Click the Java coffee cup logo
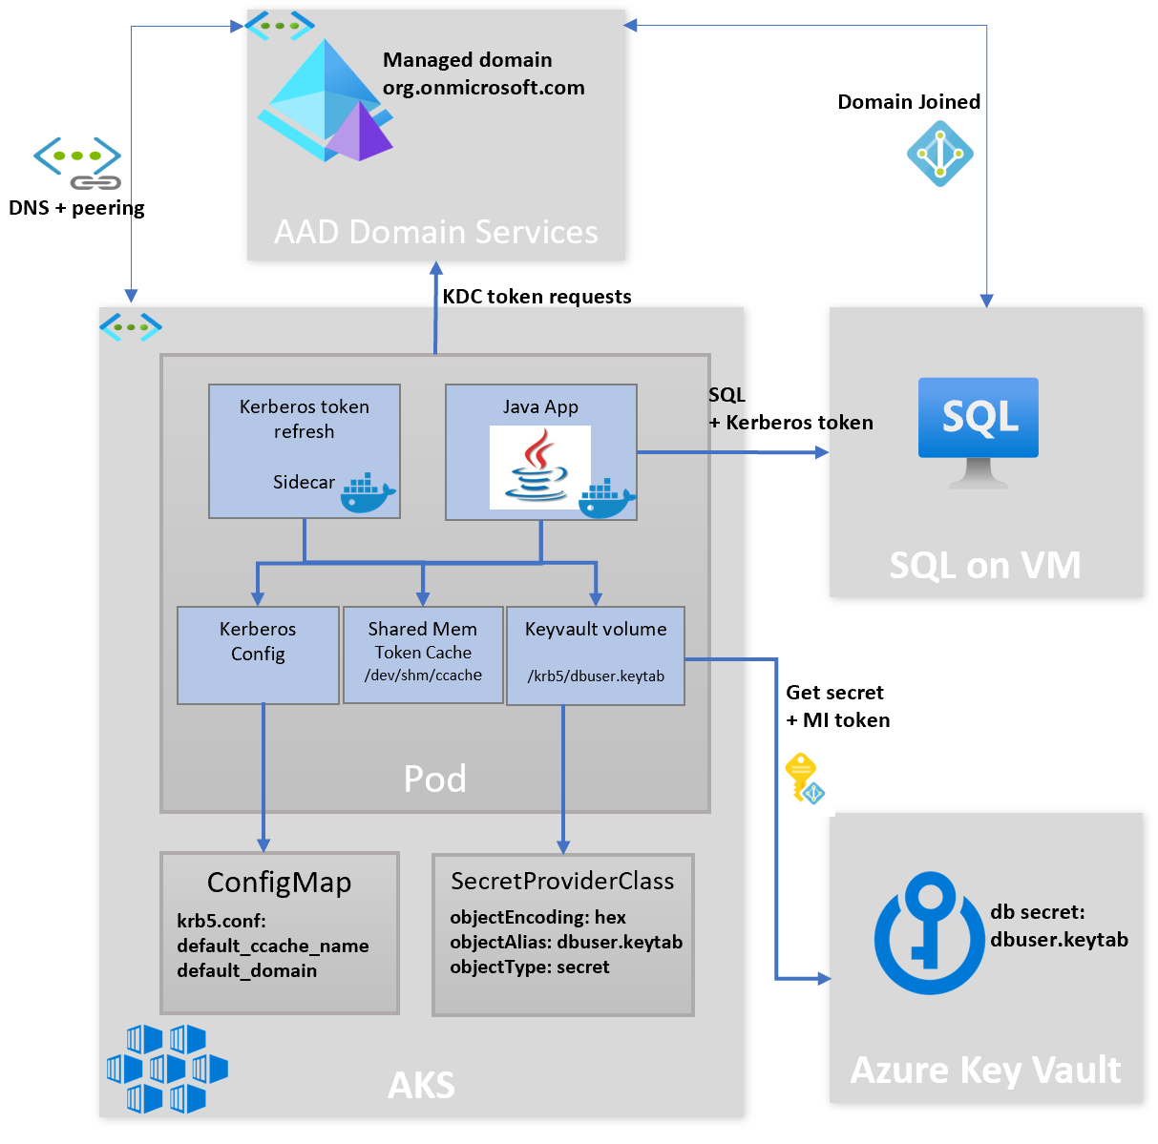[539, 467]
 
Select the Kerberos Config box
[258, 655]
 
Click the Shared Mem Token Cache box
[423, 655]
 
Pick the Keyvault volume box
[596, 655]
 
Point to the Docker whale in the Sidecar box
[368, 493]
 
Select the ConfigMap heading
[279, 883]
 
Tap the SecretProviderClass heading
[562, 881]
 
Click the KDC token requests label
[537, 297]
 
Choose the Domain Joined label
[909, 102]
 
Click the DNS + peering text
[76, 208]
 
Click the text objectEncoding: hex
[537, 917]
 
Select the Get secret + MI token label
[837, 706]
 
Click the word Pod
[435, 779]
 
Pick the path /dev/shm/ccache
[423, 676]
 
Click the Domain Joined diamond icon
[939, 154]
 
